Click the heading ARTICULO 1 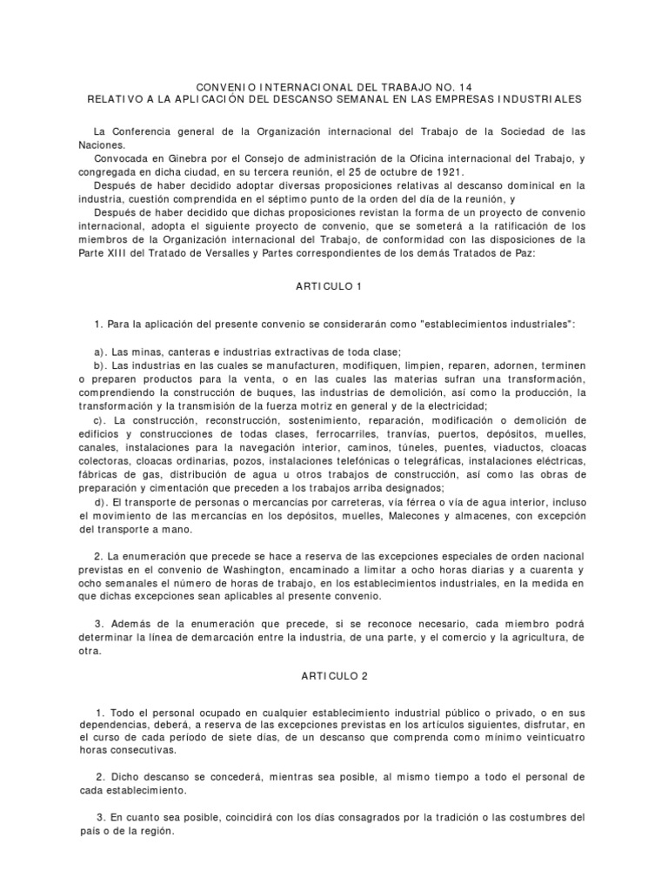pos(334,285)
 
